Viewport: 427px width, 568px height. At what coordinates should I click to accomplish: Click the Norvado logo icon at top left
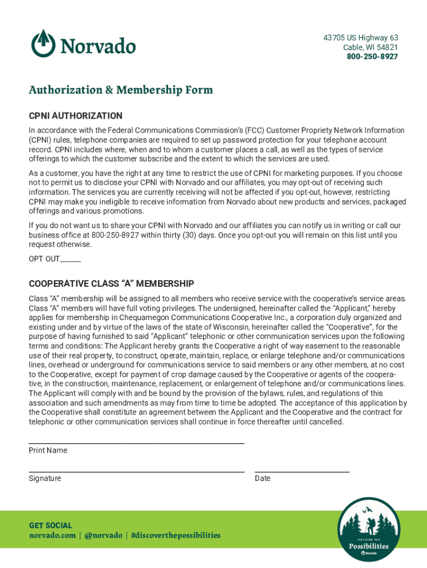click(x=43, y=43)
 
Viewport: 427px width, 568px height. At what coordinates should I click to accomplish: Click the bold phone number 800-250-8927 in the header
click(x=372, y=57)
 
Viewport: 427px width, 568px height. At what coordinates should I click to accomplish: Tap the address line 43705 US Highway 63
click(x=360, y=38)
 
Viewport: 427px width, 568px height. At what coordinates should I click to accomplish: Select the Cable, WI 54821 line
click(x=370, y=47)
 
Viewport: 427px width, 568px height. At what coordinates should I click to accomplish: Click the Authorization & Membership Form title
click(x=121, y=90)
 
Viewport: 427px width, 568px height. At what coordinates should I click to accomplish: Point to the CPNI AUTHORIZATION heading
click(x=75, y=116)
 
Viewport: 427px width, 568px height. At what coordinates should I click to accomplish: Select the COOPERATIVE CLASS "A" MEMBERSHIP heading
click(x=111, y=284)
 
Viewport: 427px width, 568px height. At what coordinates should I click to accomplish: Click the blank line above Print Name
click(x=136, y=443)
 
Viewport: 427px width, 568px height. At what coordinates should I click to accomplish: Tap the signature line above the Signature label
click(x=136, y=471)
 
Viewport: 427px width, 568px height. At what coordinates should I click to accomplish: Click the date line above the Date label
click(x=302, y=471)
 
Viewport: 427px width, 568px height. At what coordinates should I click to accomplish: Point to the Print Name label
click(x=48, y=450)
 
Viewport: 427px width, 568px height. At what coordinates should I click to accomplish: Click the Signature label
click(x=45, y=478)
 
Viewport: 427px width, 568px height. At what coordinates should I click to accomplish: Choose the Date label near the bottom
click(x=263, y=478)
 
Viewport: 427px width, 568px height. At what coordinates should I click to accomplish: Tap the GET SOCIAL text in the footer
click(x=50, y=525)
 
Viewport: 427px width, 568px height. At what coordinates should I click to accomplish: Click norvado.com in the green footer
click(x=52, y=535)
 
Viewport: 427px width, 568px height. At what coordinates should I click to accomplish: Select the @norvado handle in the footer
click(x=103, y=535)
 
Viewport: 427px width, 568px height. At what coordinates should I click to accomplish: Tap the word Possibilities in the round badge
click(x=369, y=546)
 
